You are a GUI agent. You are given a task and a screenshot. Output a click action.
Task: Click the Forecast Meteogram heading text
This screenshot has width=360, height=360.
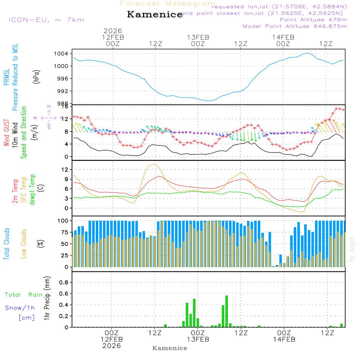tap(168, 4)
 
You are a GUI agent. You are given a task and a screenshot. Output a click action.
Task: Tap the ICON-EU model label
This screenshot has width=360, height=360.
tap(46, 20)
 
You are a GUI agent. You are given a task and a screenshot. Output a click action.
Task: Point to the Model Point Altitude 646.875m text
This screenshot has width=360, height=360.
tap(295, 26)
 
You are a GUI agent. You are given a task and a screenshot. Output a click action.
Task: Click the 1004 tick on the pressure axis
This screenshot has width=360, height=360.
tap(63, 54)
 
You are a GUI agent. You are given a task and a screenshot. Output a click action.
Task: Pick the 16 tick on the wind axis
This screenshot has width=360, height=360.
tap(65, 107)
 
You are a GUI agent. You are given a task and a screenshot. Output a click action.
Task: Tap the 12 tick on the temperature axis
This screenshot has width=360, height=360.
tap(65, 169)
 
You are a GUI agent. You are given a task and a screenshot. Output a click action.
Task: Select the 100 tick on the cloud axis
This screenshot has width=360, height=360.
tap(63, 220)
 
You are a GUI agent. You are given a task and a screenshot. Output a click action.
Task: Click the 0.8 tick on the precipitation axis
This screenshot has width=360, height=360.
tap(63, 282)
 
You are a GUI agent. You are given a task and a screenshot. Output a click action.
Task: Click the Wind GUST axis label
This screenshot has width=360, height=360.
tap(7, 134)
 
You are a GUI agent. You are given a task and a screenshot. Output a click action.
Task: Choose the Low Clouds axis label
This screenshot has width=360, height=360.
tap(24, 243)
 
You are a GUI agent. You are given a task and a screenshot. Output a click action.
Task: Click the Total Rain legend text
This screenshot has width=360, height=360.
tap(24, 294)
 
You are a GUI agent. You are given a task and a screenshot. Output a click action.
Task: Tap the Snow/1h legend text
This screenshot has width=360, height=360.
tap(20, 308)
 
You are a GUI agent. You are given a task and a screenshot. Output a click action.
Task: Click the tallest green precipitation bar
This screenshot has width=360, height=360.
tap(226, 311)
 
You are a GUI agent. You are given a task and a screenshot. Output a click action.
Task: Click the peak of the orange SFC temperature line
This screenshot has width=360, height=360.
tap(155, 164)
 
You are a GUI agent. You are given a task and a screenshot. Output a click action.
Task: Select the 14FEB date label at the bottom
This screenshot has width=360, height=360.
tap(284, 339)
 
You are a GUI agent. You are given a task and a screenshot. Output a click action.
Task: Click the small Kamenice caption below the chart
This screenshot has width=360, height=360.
tap(170, 348)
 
